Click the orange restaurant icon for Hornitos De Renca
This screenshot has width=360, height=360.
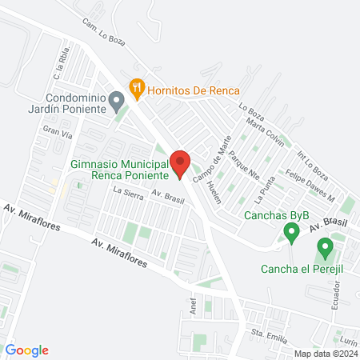point(137,87)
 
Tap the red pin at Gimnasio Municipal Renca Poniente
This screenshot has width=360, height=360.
point(179,163)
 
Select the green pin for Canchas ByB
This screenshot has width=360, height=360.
point(292,233)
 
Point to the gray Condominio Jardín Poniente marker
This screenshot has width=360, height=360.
point(117,102)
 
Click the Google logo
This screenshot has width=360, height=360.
point(27,350)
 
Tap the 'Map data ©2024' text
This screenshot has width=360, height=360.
point(325,354)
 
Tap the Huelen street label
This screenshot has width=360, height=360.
point(213,193)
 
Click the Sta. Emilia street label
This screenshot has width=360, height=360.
point(269,334)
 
